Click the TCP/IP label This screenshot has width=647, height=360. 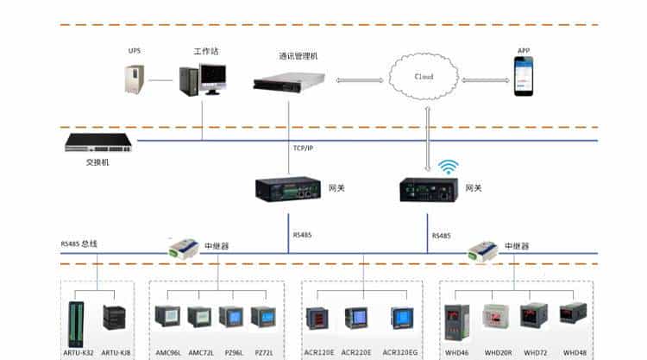tap(303, 148)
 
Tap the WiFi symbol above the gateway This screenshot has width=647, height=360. tap(447, 166)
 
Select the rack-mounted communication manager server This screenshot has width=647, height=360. tap(288, 82)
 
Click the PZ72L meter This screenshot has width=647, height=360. tap(261, 318)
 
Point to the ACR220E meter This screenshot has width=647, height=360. tap(356, 318)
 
